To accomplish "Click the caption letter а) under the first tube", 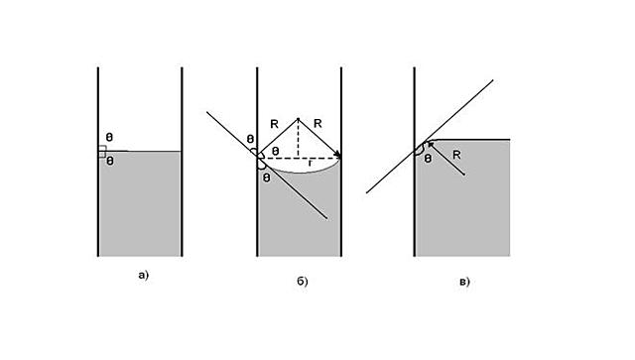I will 143,276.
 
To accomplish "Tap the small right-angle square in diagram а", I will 101,151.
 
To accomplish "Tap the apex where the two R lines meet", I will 299,117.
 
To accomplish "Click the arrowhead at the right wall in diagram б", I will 339,157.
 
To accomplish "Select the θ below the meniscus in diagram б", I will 267,178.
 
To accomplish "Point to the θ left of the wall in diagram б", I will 250,140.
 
